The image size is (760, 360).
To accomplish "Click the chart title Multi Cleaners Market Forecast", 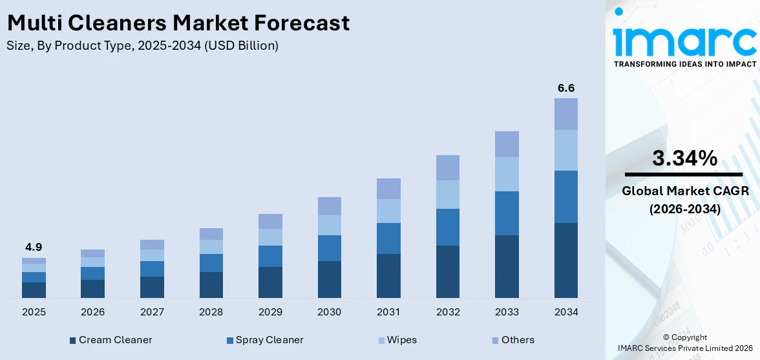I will pyautogui.click(x=178, y=23).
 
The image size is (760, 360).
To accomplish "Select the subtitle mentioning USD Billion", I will pyautogui.click(x=143, y=45).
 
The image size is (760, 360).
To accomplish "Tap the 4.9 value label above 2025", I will pyautogui.click(x=34, y=247).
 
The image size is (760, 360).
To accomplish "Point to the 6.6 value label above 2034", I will pyautogui.click(x=565, y=88).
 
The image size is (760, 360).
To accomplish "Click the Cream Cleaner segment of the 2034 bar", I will pyautogui.click(x=565, y=260).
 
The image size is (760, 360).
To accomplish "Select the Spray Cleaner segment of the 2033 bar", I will pyautogui.click(x=507, y=213).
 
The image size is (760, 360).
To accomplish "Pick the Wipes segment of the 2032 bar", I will pyautogui.click(x=447, y=195).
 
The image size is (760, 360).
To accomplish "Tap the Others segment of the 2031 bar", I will pyautogui.click(x=388, y=189).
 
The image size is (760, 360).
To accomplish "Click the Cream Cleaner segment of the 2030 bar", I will pyautogui.click(x=329, y=279).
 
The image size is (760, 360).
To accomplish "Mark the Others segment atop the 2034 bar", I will pyautogui.click(x=565, y=114).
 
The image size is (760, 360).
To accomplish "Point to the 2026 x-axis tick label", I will pyautogui.click(x=93, y=312).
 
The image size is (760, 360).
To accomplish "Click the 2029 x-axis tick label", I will pyautogui.click(x=270, y=312).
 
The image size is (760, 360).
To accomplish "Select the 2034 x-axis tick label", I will pyautogui.click(x=565, y=312).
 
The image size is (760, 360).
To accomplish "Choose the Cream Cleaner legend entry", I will pyautogui.click(x=111, y=340).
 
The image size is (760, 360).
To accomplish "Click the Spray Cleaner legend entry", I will pyautogui.click(x=264, y=340).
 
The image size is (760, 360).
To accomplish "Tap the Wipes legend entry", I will pyautogui.click(x=397, y=340).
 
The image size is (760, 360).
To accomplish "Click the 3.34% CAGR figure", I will pyautogui.click(x=684, y=158).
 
